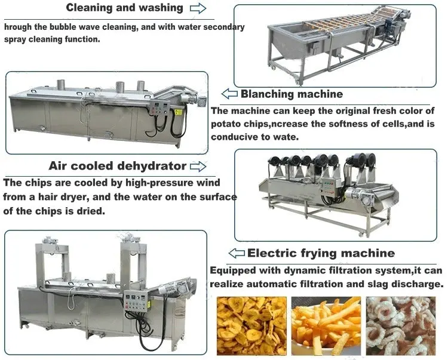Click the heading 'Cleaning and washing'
click(124, 8)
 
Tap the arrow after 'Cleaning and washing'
click(198, 8)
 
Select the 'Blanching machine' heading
click(291, 94)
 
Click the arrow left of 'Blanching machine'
click(230, 94)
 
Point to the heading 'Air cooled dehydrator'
click(118, 165)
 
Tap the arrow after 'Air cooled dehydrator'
click(198, 166)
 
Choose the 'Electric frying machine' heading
click(321, 253)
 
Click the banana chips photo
click(251, 326)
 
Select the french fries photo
click(326, 326)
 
